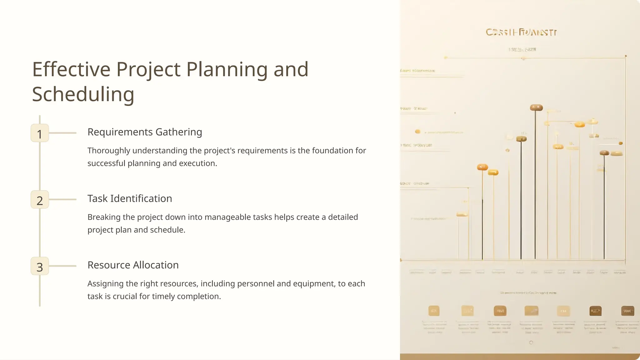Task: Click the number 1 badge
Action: tap(40, 133)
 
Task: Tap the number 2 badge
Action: tap(40, 200)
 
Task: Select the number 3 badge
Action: tap(40, 266)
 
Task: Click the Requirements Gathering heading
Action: tap(145, 132)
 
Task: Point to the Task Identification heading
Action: tap(130, 199)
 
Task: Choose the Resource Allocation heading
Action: tap(133, 265)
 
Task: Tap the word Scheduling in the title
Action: tap(83, 95)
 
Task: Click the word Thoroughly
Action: tap(109, 151)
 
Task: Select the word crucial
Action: tap(125, 297)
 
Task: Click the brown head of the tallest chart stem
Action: tap(536, 108)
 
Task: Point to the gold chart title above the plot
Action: tap(521, 32)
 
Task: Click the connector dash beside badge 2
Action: tap(63, 200)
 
